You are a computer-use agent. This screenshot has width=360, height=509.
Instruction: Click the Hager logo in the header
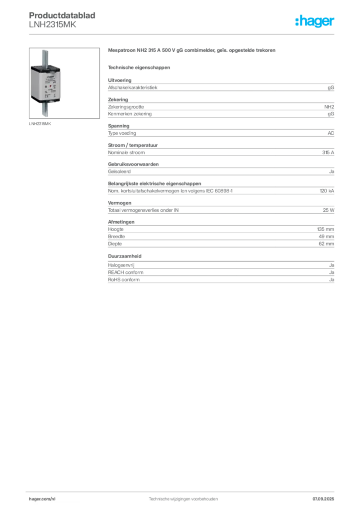tap(315, 21)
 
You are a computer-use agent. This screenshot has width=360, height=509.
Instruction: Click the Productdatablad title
tap(62, 15)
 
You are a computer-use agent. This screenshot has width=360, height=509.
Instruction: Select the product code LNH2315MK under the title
tap(53, 25)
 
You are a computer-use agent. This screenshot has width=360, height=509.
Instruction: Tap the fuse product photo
tap(64, 83)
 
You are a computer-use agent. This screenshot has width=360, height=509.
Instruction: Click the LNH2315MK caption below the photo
tap(40, 124)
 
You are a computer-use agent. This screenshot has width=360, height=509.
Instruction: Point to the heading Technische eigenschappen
tap(139, 68)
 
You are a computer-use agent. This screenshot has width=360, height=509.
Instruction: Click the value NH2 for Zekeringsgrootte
tap(329, 107)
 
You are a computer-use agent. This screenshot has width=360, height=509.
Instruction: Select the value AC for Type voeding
tap(331, 133)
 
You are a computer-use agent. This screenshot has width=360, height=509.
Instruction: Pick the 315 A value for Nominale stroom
tap(328, 152)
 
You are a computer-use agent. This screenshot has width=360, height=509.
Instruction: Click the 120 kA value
tap(327, 191)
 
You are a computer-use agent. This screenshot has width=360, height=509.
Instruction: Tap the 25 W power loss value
tap(329, 210)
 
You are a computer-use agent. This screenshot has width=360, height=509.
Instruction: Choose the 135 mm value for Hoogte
tap(326, 229)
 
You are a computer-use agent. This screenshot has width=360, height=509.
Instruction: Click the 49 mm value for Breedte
tap(326, 236)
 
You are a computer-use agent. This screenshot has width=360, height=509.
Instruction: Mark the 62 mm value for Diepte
tap(326, 244)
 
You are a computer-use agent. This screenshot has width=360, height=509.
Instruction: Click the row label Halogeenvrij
tap(121, 265)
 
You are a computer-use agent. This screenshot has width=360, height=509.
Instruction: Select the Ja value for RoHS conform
tap(332, 279)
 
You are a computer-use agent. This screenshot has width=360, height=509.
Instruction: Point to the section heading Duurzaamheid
tap(125, 256)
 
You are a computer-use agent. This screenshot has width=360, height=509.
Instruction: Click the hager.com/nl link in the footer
tap(42, 499)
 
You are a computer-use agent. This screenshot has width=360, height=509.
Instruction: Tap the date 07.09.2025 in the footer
tap(323, 499)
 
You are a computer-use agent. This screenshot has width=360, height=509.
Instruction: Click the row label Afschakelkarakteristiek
tap(132, 87)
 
